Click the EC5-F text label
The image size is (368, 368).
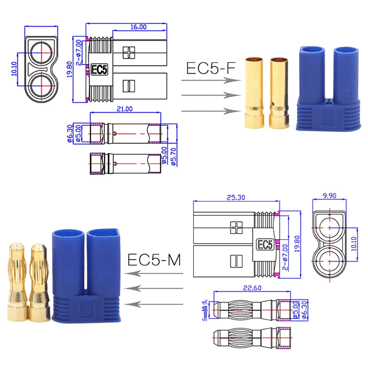(x=210, y=68)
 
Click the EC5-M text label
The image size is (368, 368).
(x=154, y=260)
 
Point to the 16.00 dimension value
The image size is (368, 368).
(x=138, y=27)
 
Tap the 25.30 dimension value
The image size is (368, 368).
(x=236, y=197)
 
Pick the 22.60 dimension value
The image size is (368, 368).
(x=253, y=288)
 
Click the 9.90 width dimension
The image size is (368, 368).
(x=329, y=196)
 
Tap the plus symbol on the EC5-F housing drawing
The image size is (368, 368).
(x=129, y=52)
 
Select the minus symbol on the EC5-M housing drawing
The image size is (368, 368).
(x=234, y=261)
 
